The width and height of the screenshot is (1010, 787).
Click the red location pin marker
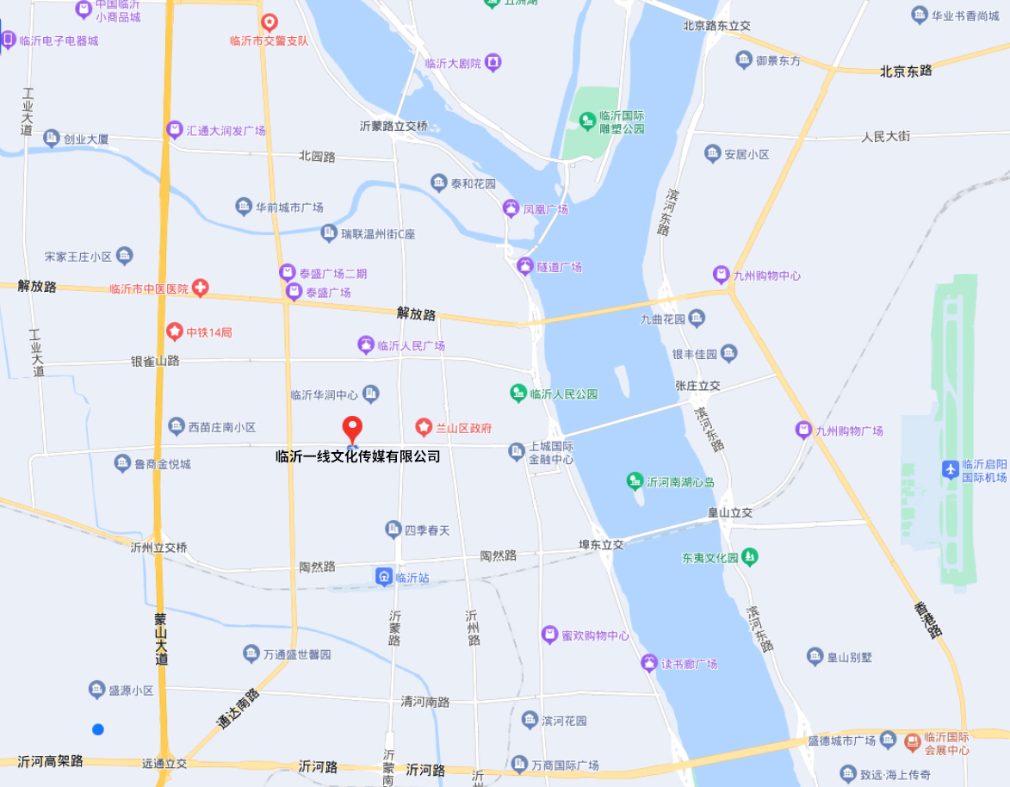[x=352, y=428]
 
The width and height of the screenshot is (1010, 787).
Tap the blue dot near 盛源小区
[x=98, y=729]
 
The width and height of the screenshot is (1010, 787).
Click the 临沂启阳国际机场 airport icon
[x=951, y=469]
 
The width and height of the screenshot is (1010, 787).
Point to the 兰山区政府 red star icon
[x=424, y=427]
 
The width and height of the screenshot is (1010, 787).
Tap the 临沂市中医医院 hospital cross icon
[x=200, y=288]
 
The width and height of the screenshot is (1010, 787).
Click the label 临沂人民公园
[x=563, y=394]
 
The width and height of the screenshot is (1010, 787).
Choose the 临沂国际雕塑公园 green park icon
[x=587, y=120]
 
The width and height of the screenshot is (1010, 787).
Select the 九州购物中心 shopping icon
[x=722, y=276]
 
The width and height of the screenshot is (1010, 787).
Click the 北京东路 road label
[x=906, y=71]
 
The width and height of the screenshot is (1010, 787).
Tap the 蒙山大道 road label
[x=161, y=639]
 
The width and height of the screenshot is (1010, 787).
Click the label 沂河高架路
[x=50, y=761]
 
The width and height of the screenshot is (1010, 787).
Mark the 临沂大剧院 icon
[x=493, y=62]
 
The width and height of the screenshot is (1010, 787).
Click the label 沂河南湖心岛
[x=680, y=481]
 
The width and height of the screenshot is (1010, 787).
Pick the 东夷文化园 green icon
[x=751, y=557]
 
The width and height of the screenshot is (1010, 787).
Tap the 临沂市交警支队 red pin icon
[x=270, y=22]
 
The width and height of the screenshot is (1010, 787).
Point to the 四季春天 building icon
[x=393, y=529]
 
